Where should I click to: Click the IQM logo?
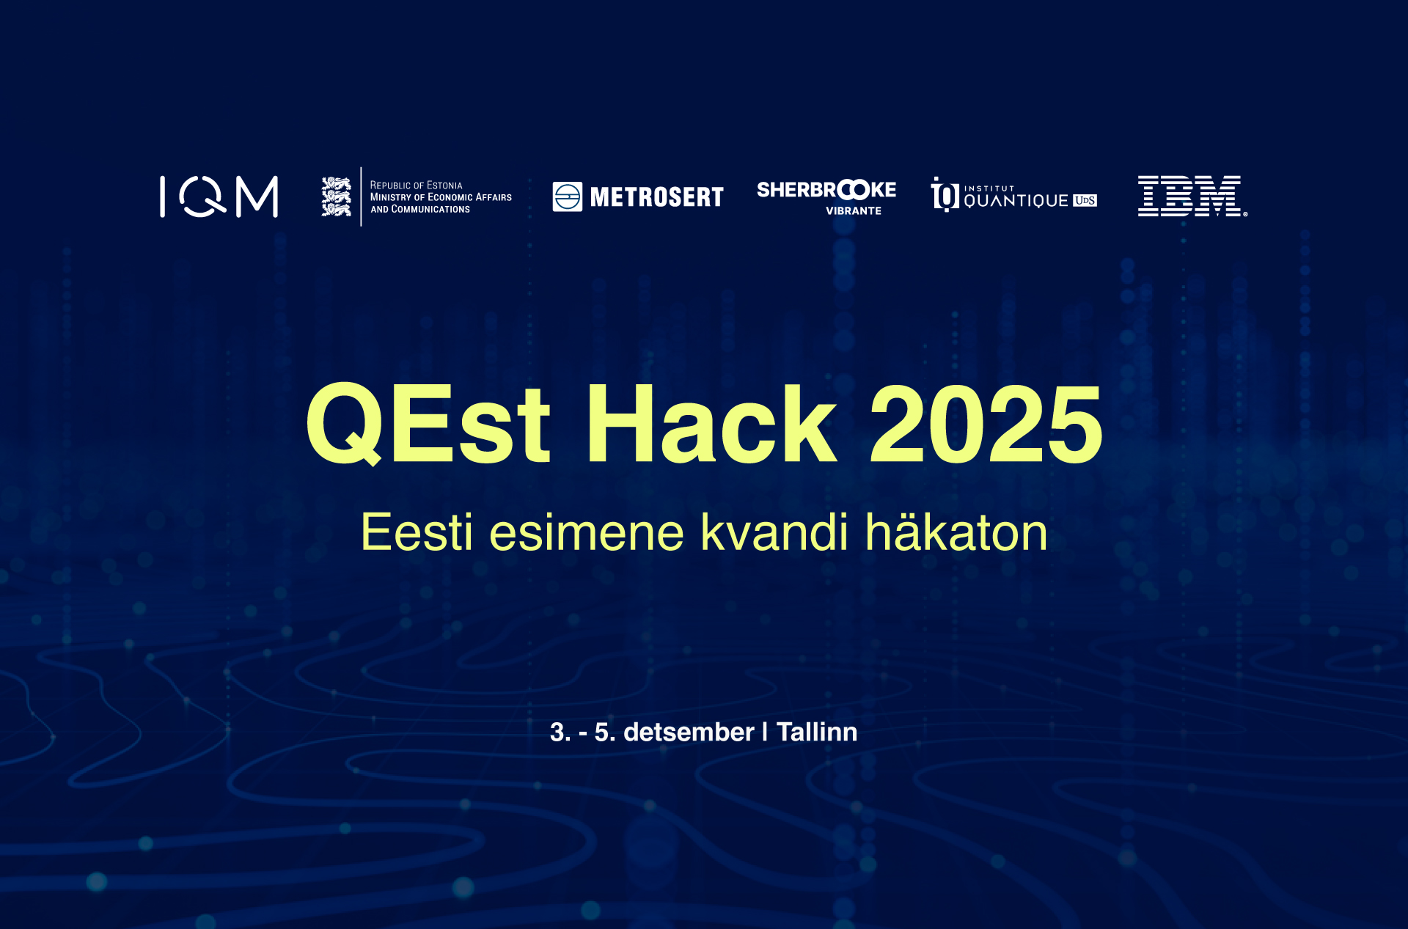[x=219, y=197]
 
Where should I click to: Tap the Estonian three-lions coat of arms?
[x=337, y=197]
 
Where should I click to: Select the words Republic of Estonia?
[x=416, y=186]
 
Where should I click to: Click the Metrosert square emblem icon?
[x=568, y=197]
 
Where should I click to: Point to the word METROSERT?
[x=657, y=197]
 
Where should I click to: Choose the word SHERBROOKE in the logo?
[x=826, y=190]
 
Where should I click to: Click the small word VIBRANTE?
[x=854, y=211]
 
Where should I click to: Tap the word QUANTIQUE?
[x=1016, y=201]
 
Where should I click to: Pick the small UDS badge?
[x=1085, y=200]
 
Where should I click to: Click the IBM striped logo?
[x=1191, y=197]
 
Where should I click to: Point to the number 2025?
[x=986, y=425]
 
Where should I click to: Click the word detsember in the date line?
[x=689, y=732]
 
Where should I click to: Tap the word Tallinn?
[x=817, y=732]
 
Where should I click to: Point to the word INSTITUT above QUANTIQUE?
[x=989, y=188]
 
